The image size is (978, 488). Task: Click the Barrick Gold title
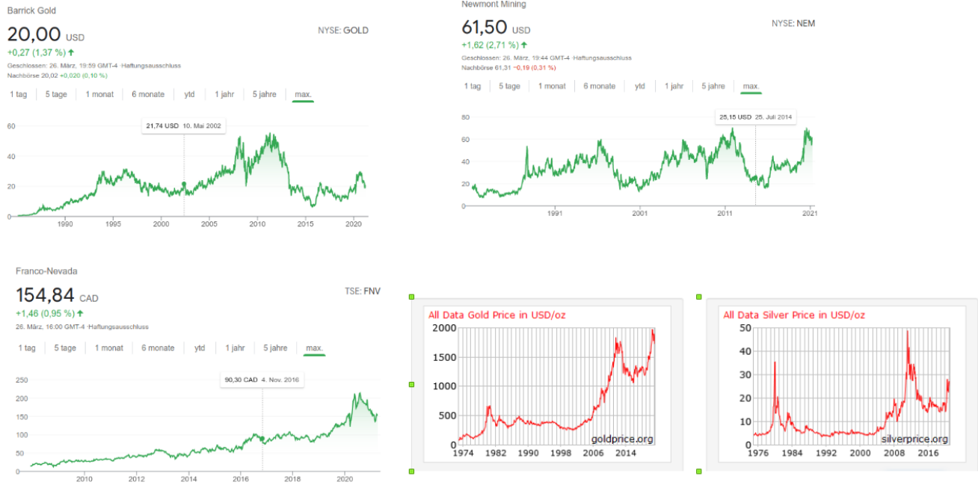[31, 11]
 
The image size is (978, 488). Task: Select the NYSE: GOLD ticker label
[343, 31]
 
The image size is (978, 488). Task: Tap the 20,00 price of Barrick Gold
[34, 34]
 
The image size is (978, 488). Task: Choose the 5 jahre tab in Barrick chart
[265, 94]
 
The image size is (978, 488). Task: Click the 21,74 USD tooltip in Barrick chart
[183, 126]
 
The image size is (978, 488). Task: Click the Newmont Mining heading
[493, 4]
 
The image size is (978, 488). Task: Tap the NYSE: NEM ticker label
[793, 23]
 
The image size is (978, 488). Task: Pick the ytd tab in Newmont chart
[640, 86]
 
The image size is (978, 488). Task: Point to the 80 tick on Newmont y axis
[464, 117]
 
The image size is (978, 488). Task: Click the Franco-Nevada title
[46, 271]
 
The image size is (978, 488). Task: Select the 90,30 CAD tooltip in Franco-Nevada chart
[262, 380]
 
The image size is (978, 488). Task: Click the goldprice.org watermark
[622, 439]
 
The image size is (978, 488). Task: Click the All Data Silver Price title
[794, 315]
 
